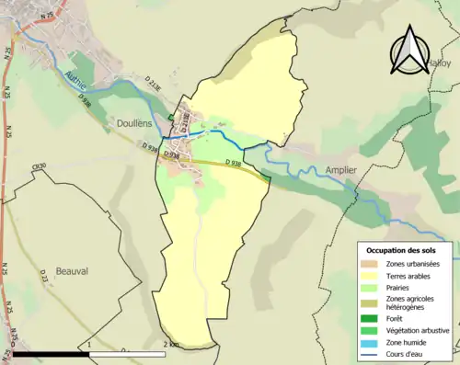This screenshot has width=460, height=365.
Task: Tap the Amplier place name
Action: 340,170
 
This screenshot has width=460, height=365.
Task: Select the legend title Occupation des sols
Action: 402,250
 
